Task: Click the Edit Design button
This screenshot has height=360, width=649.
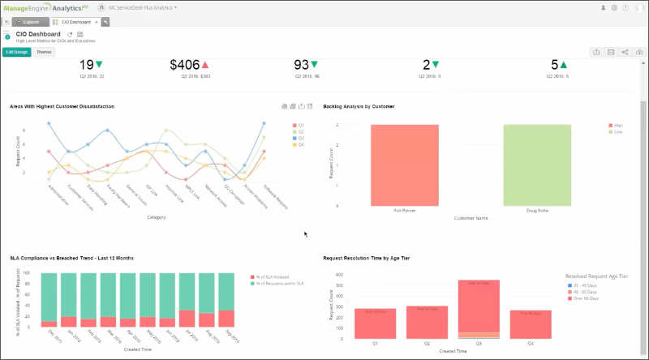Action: pyautogui.click(x=15, y=51)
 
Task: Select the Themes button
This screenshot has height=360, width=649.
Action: pyautogui.click(x=44, y=51)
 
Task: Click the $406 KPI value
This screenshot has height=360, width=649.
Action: pyautogui.click(x=184, y=65)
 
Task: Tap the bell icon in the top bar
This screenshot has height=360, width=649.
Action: pyautogui.click(x=603, y=7)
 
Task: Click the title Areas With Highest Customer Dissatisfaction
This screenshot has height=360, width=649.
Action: pyautogui.click(x=62, y=106)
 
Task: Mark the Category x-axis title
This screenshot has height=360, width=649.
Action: pyautogui.click(x=157, y=216)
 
